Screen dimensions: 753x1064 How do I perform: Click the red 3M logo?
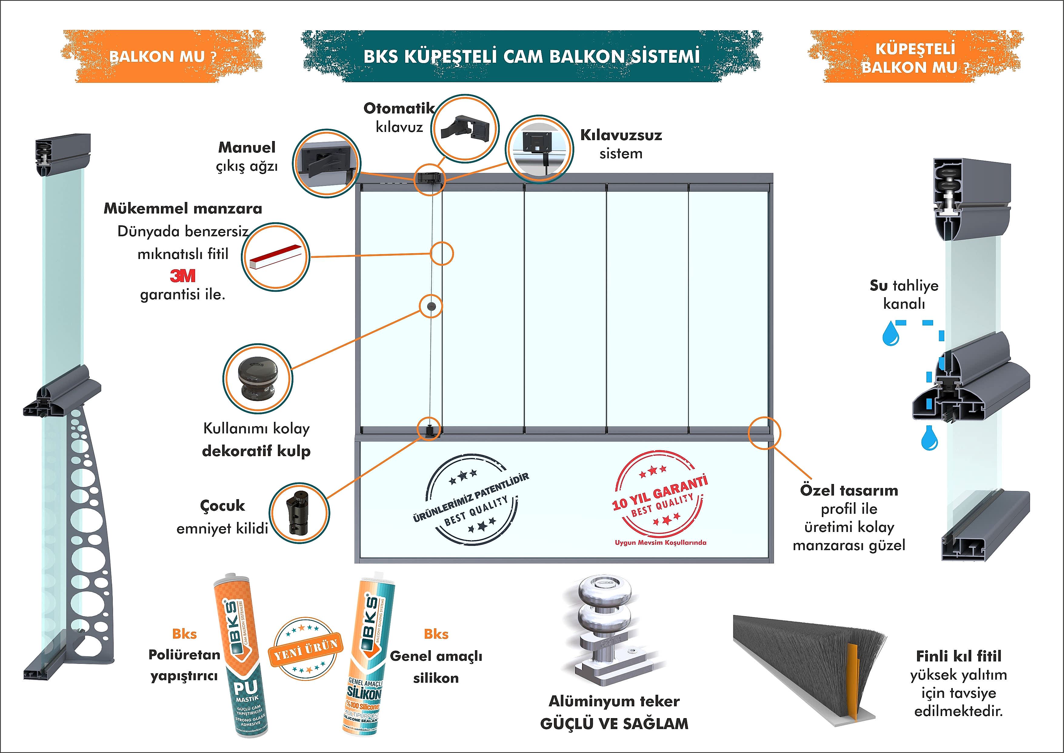pos(182,276)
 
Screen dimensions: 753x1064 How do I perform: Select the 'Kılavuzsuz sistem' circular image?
pos(539,147)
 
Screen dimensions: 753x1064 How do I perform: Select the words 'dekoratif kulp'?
pos(256,451)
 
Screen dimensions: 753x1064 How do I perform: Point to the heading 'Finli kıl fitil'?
pos(958,656)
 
